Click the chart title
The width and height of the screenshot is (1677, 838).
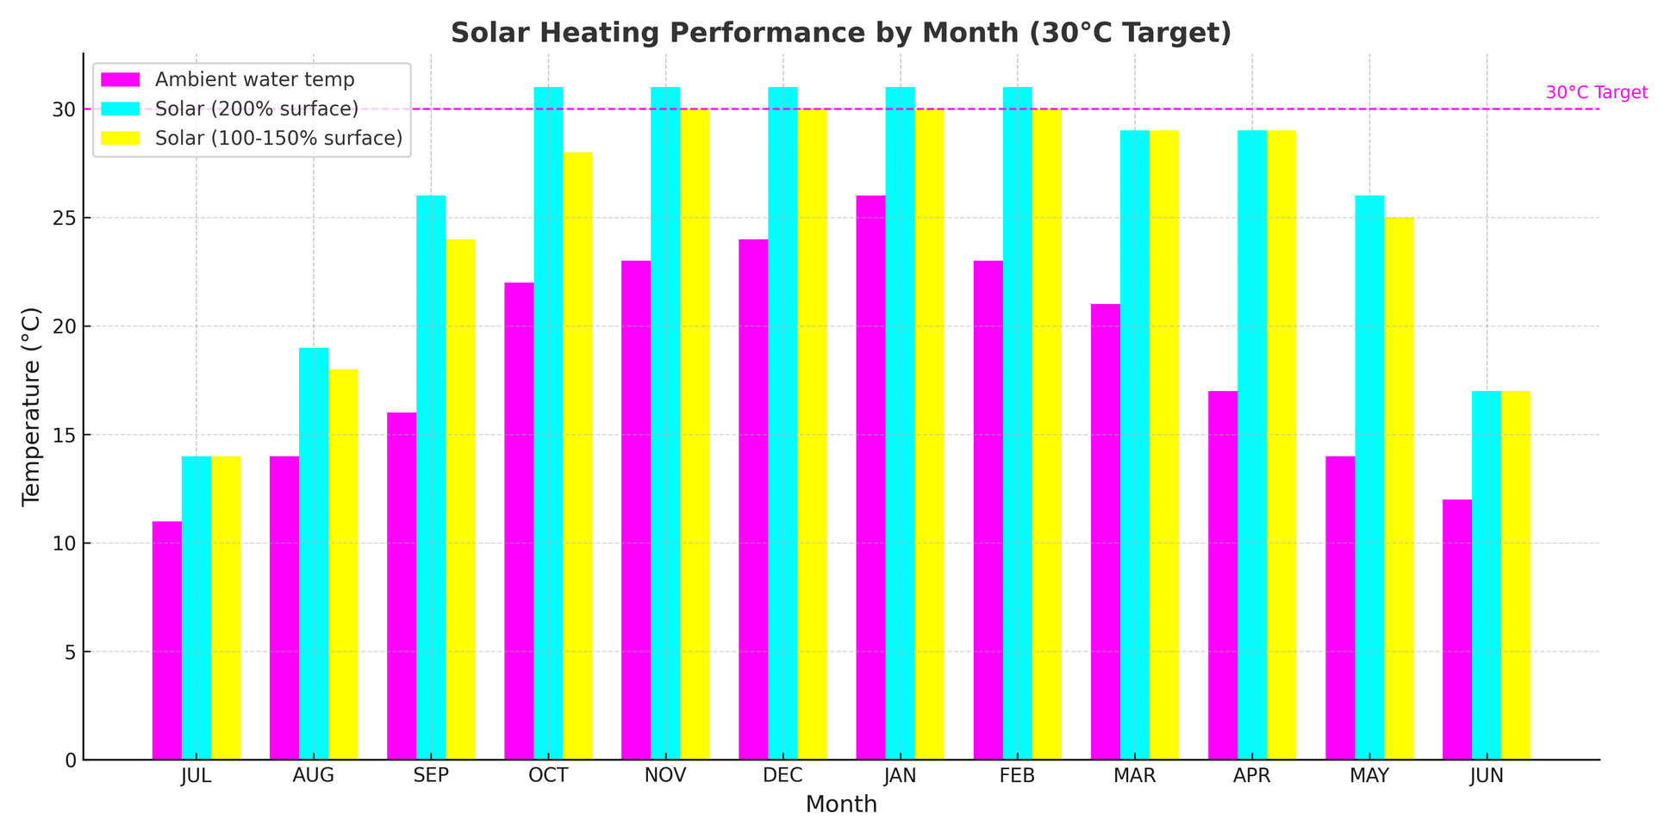coord(840,33)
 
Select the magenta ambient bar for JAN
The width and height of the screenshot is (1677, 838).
coord(870,478)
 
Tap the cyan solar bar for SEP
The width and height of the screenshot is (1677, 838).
coord(431,478)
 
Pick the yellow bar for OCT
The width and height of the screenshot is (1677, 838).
coord(577,456)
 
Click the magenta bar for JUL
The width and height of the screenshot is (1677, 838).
coord(167,641)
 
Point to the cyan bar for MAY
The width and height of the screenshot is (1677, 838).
coord(1369,478)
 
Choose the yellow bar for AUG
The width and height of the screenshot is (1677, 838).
coord(343,565)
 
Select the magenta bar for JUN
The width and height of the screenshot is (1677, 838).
coord(1457,630)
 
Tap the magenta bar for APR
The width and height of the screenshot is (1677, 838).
coord(1223,575)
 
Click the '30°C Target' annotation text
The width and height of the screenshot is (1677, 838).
coord(1596,93)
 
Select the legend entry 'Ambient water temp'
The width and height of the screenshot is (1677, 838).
coord(254,80)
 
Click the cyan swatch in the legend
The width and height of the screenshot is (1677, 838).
coord(120,109)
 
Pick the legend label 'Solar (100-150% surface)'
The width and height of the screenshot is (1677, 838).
coord(278,139)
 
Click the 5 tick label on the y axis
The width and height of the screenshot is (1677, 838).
coord(70,652)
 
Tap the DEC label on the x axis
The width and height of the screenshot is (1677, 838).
coord(782,775)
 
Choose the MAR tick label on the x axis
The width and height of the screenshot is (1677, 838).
coord(1134,775)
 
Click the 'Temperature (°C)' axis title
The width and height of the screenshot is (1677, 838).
coord(32,406)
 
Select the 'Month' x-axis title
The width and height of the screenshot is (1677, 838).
coord(840,804)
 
